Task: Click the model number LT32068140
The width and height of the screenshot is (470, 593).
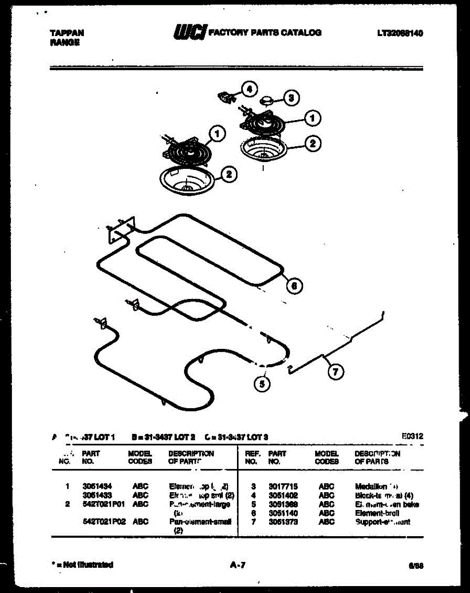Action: coord(400,33)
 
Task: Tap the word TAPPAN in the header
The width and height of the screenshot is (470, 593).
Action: coord(67,33)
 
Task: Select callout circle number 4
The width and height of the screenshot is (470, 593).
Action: coord(249,89)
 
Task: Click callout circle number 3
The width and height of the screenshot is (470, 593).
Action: coord(291,98)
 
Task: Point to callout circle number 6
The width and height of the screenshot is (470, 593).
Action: coord(295,286)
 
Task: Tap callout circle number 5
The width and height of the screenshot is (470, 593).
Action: coord(262,383)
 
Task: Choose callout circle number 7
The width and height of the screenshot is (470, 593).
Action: coord(335,372)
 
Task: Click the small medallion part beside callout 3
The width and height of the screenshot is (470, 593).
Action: coord(267,100)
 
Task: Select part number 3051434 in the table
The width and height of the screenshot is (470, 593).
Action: coord(93,486)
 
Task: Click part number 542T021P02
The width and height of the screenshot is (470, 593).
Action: coord(104,521)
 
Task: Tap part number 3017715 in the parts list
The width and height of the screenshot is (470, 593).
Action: coord(283,486)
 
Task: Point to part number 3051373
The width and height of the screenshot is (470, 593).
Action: coord(283,522)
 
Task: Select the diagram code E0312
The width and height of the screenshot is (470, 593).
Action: coord(413,437)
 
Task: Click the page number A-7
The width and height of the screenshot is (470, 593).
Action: coord(237,565)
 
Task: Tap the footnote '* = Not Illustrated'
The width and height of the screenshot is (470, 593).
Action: coord(82,564)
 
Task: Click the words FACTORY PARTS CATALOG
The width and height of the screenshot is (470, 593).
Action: coord(265,33)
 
